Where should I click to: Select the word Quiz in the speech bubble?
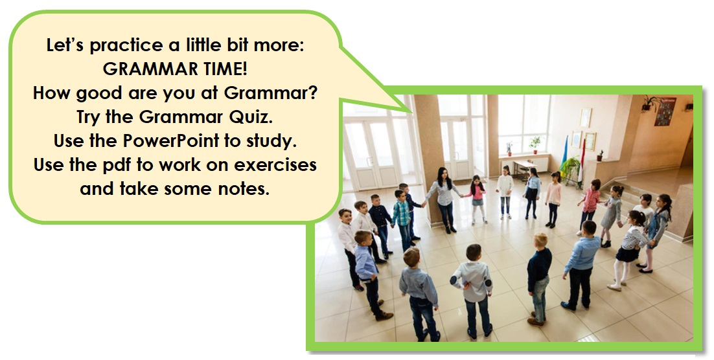point(251,117)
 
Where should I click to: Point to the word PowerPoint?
point(171,141)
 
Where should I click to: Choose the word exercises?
point(275,164)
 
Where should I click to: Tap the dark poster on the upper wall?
point(665,111)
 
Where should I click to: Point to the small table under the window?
point(524,169)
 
